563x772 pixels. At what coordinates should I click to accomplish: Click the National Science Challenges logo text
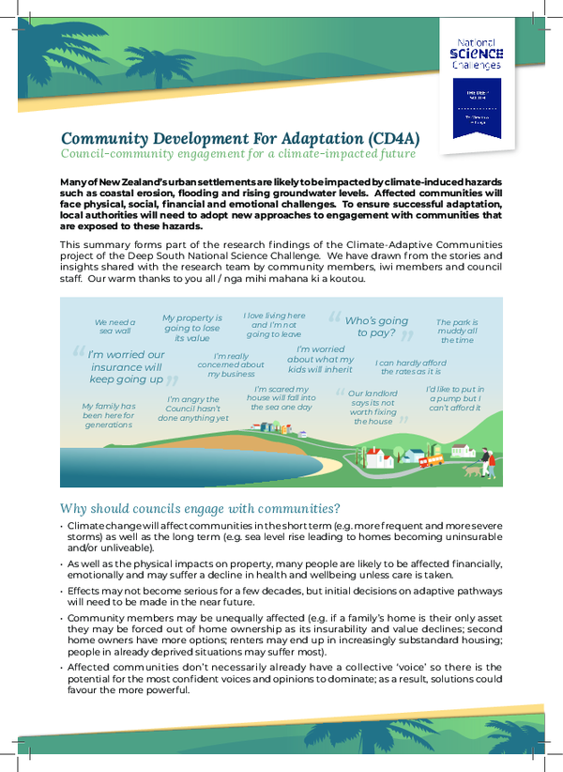pyautogui.click(x=479, y=54)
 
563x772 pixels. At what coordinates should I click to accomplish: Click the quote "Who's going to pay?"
pyautogui.click(x=375, y=327)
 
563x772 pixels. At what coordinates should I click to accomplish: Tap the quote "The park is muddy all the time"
pyautogui.click(x=457, y=331)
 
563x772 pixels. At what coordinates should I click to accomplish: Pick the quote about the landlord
pyautogui.click(x=373, y=408)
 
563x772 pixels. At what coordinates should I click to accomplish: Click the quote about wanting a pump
pyautogui.click(x=455, y=398)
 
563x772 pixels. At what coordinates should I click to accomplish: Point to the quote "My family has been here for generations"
pyautogui.click(x=109, y=414)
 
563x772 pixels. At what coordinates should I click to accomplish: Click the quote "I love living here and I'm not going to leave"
pyautogui.click(x=274, y=325)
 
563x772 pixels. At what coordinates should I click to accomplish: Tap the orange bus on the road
pyautogui.click(x=431, y=461)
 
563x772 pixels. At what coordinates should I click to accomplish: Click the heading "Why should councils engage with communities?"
pyautogui.click(x=200, y=508)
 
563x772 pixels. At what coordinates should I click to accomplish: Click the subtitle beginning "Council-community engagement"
pyautogui.click(x=237, y=154)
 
